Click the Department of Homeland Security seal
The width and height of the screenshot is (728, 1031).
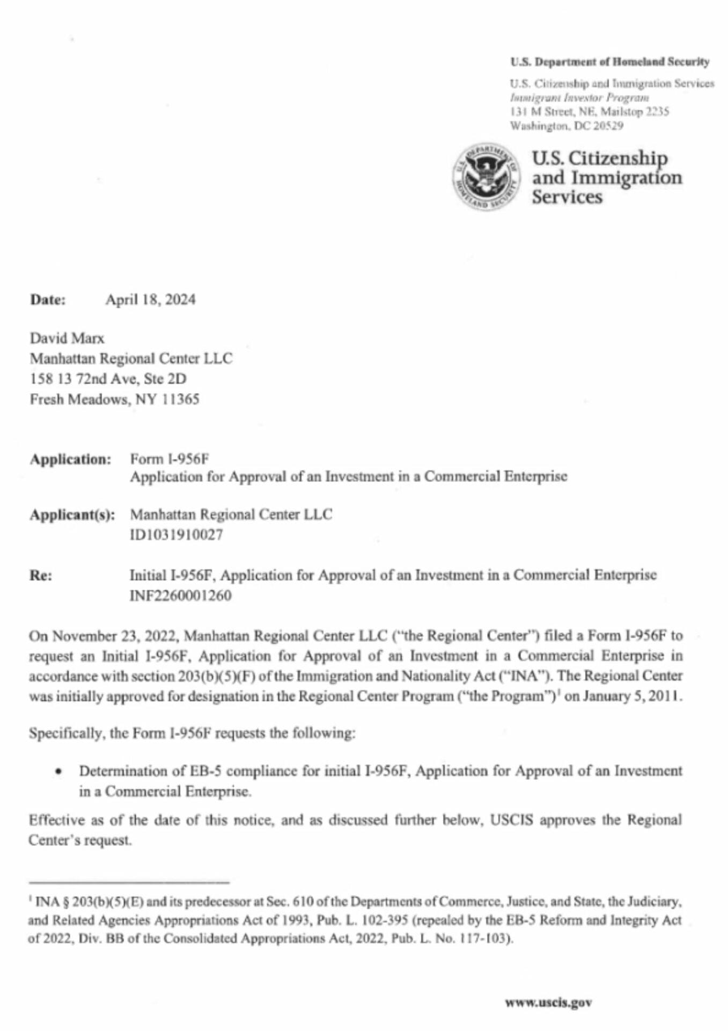[x=486, y=177]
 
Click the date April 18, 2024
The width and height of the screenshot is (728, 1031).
[x=150, y=300]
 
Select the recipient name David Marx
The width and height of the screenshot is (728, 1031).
[x=67, y=338]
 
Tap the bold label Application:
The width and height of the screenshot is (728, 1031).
[x=70, y=460]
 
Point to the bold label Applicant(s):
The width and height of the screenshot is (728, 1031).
[x=72, y=515]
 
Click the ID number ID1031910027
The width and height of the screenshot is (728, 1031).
[x=176, y=535]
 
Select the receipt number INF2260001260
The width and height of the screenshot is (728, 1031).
[x=180, y=596]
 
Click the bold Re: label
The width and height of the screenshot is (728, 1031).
[x=41, y=576]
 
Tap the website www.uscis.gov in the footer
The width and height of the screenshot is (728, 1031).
[x=548, y=1002]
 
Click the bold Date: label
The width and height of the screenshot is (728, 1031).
[x=48, y=300]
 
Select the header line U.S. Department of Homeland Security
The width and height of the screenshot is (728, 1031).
[x=609, y=62]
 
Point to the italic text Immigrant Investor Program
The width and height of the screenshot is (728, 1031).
[x=579, y=98]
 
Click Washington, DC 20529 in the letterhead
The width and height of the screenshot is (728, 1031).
[x=567, y=126]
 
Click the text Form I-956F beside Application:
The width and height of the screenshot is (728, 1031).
[x=169, y=459]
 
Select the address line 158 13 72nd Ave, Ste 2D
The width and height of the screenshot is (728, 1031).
[x=108, y=379]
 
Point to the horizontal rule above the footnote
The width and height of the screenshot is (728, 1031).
[x=129, y=882]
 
